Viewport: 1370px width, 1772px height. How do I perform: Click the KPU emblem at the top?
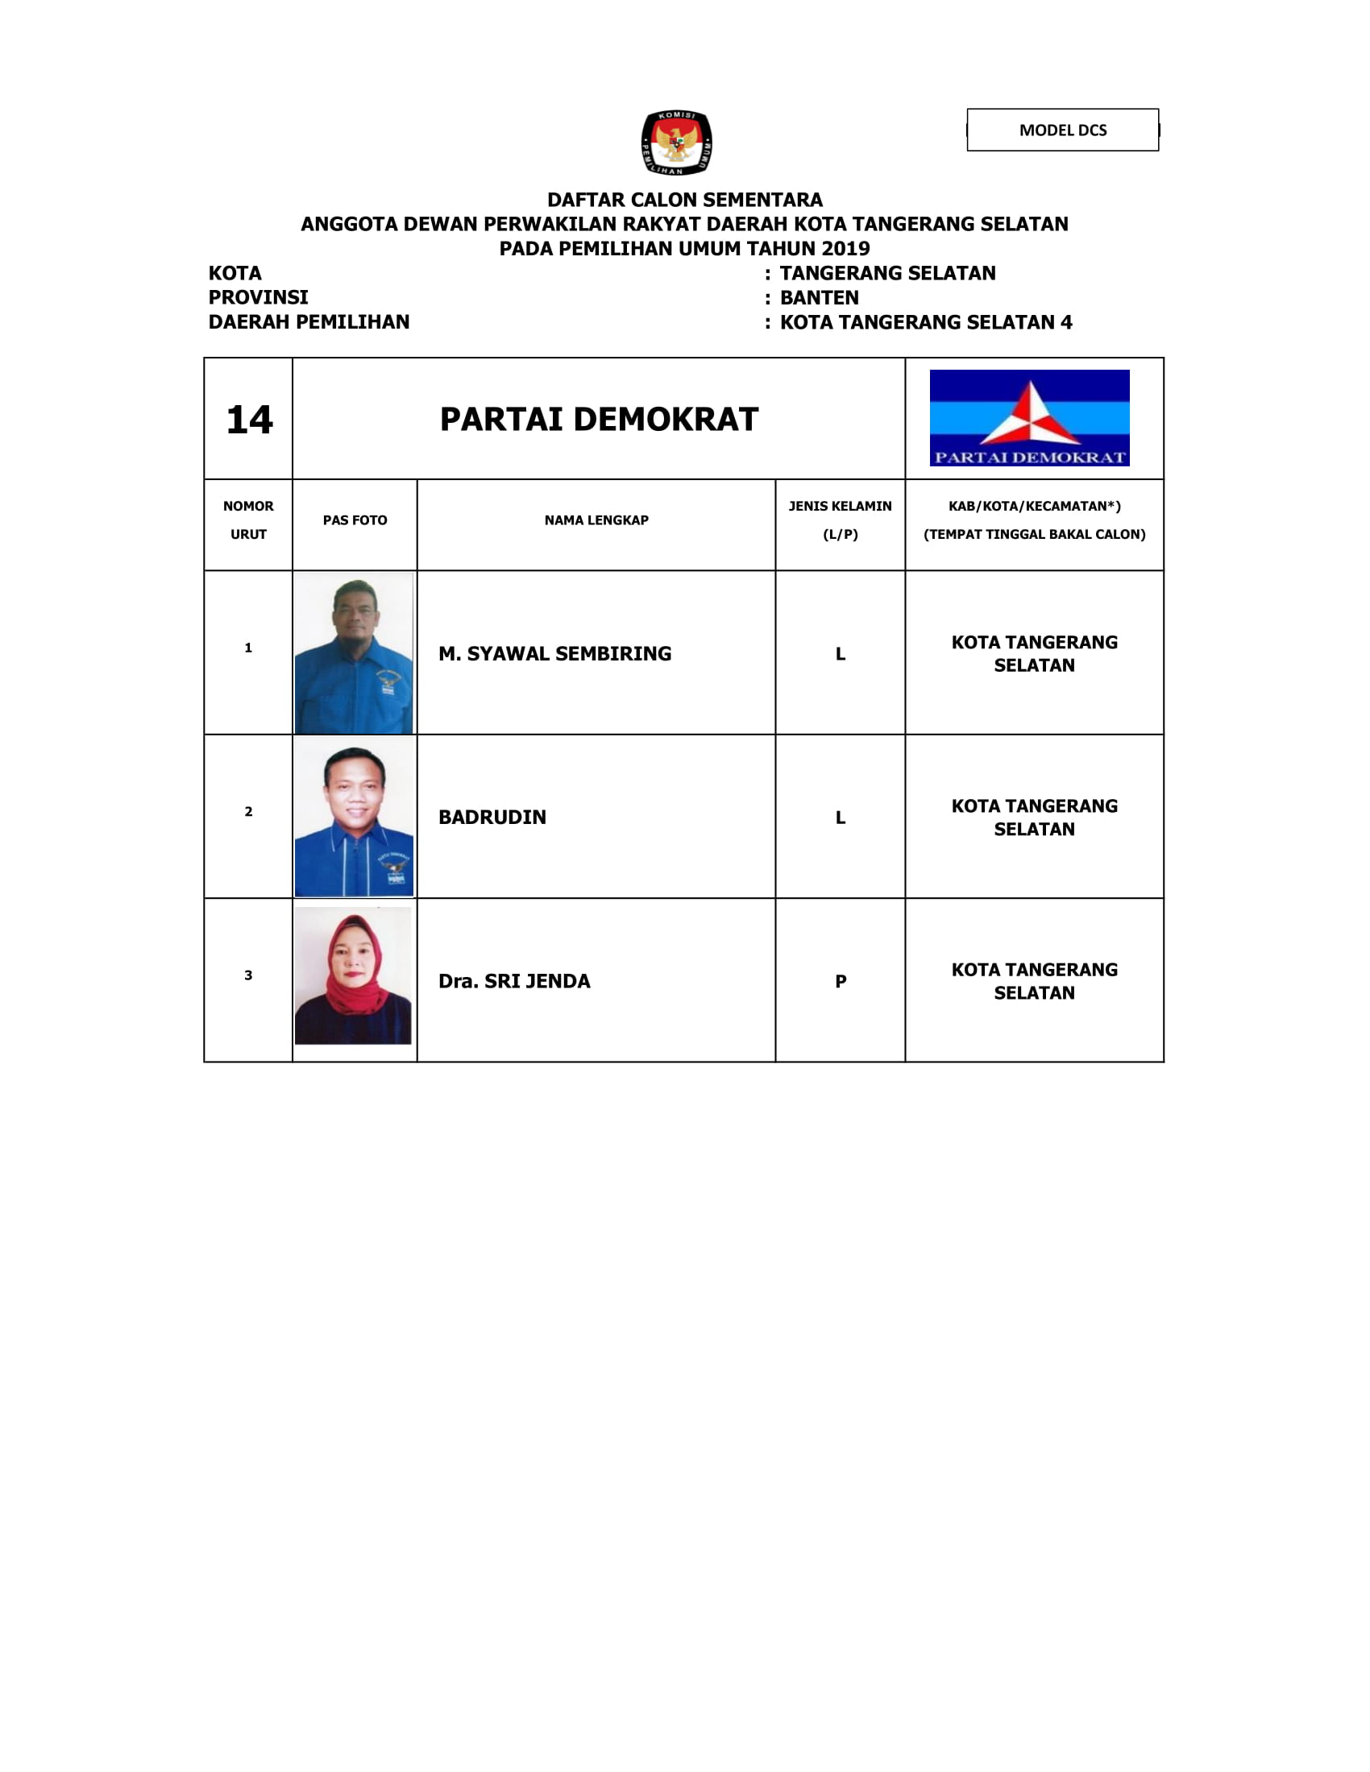676,143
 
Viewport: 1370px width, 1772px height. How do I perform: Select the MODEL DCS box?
1062,130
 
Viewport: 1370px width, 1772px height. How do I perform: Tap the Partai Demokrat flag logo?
1029,418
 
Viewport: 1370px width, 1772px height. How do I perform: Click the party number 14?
249,420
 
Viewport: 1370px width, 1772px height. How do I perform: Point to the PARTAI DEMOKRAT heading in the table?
599,420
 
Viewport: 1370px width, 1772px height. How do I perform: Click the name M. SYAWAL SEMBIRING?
555,653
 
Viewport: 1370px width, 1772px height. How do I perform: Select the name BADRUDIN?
492,817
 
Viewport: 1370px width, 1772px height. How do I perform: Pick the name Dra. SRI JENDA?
515,981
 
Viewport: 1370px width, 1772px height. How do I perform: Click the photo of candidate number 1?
354,653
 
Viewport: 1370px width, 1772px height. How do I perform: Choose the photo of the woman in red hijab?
353,975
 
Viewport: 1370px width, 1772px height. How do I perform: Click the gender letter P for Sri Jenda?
841,982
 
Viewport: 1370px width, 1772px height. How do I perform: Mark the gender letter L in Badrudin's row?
841,818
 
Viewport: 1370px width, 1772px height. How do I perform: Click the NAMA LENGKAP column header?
596,520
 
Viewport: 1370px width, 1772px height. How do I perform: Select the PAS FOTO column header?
355,520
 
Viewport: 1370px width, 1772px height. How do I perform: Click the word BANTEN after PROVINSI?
819,298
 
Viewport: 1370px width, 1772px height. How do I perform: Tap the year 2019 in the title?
845,248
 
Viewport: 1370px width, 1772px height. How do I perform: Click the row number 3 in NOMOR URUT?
248,975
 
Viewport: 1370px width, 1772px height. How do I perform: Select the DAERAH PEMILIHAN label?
309,322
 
